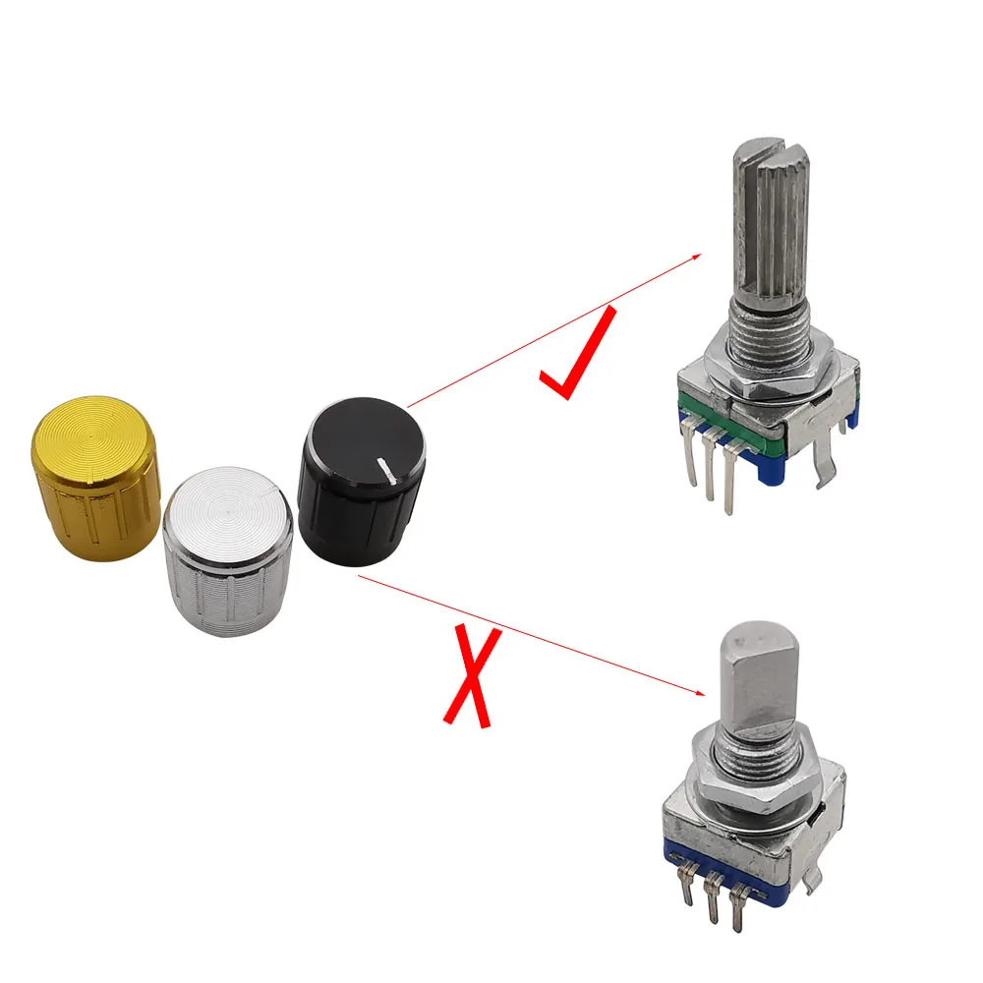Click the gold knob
coord(94,482)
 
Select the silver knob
coord(228,550)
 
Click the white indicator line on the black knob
coord(386,468)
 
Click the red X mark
coord(472,678)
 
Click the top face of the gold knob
coord(94,433)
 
